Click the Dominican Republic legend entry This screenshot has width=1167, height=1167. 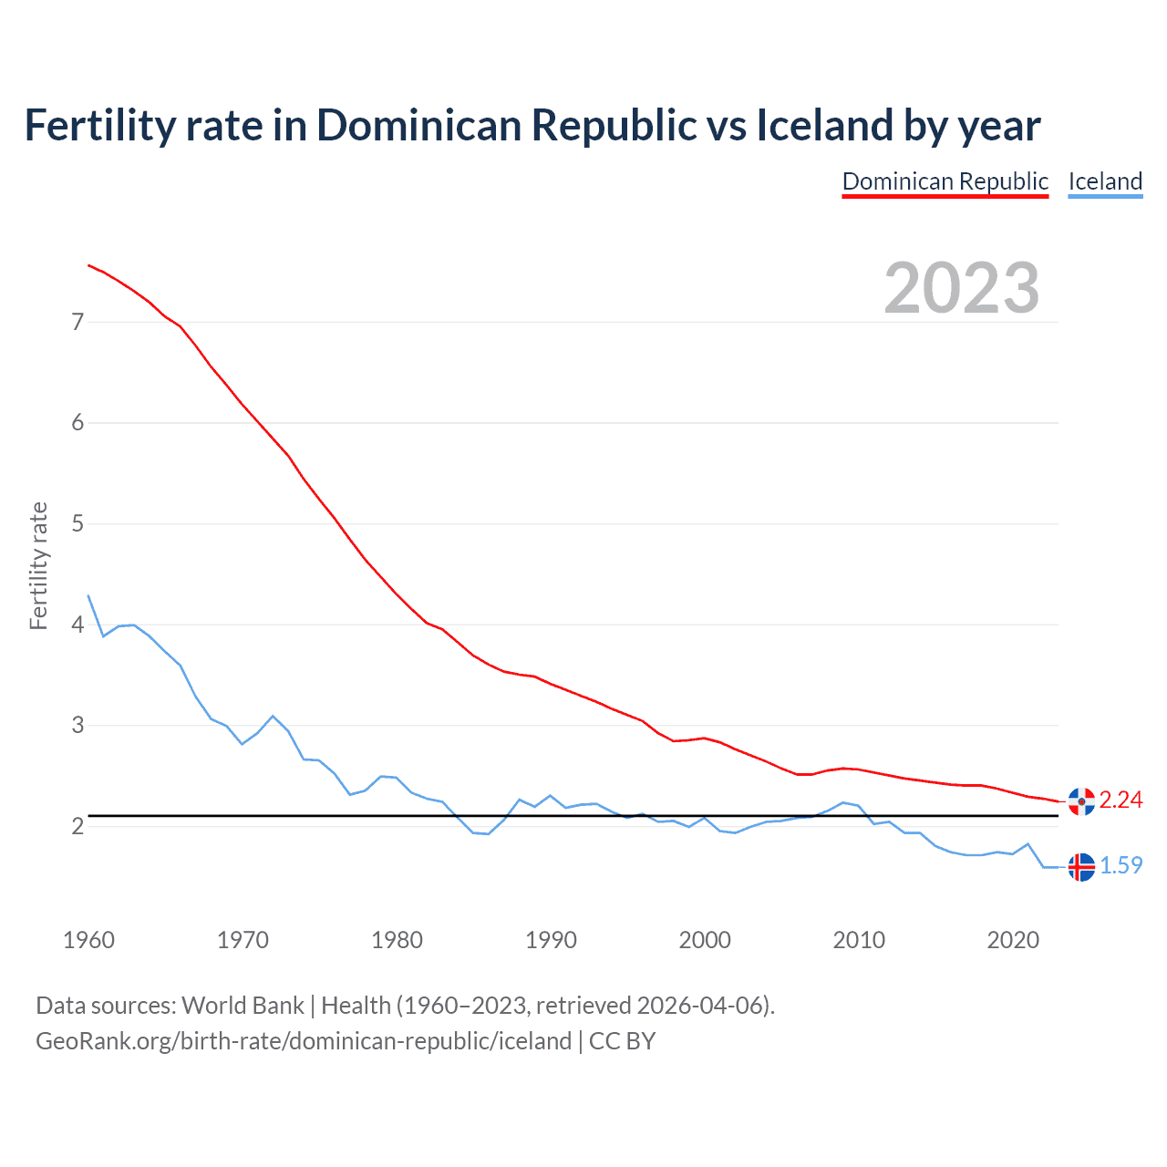click(x=945, y=181)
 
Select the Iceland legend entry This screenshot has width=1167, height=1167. click(x=1105, y=181)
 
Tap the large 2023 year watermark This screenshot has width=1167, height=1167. click(x=962, y=288)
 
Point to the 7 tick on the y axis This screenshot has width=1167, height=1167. click(x=77, y=322)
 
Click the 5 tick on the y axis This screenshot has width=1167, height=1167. click(x=77, y=524)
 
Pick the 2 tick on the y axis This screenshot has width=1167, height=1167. click(x=77, y=826)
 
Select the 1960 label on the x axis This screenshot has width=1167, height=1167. click(x=88, y=940)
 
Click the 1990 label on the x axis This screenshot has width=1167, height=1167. click(x=551, y=940)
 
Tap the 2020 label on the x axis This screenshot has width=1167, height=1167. click(x=1013, y=940)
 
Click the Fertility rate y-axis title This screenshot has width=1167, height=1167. click(x=38, y=565)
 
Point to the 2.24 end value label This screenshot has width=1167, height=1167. click(x=1121, y=800)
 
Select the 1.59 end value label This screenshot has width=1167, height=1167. click(x=1121, y=865)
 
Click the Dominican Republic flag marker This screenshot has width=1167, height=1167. click(x=1081, y=801)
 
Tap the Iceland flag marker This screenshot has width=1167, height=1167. click(x=1081, y=867)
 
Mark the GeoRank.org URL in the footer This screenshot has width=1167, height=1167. click(x=303, y=1041)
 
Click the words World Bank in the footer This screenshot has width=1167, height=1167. click(x=243, y=1006)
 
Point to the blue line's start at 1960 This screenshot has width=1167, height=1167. click(x=88, y=595)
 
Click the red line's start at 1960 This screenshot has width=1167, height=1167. click(x=88, y=265)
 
